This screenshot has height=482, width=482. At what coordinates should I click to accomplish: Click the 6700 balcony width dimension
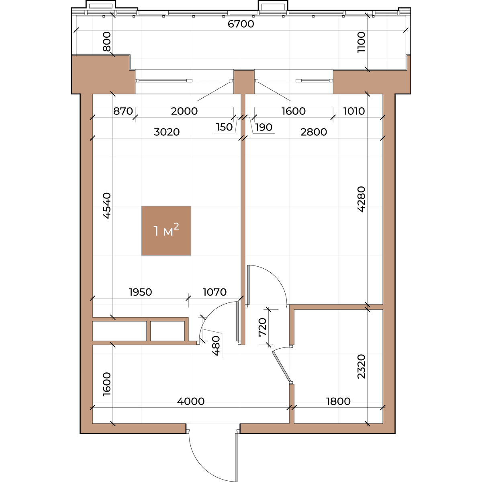click(241, 24)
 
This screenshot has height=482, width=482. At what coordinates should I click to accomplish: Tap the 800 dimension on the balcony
click(107, 41)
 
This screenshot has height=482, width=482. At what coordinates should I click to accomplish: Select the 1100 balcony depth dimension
click(361, 42)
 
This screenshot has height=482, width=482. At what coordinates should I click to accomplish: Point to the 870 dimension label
click(123, 111)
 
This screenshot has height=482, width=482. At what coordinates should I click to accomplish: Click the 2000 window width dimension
click(184, 111)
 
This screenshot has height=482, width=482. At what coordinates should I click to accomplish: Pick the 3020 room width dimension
click(167, 132)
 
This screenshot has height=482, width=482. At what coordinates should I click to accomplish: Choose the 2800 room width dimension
click(314, 132)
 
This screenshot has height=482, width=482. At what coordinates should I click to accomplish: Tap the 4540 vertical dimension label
click(107, 206)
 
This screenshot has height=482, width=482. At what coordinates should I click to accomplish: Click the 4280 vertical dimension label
click(361, 199)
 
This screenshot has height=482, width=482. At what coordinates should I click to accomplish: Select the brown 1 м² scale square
click(166, 231)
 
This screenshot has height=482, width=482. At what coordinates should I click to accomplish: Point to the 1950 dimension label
click(140, 292)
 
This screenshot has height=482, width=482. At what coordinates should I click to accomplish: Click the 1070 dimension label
click(214, 292)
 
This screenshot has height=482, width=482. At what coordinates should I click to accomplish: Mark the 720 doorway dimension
click(263, 327)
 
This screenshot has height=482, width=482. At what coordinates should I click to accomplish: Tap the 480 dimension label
click(216, 346)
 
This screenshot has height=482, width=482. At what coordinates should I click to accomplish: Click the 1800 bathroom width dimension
click(338, 401)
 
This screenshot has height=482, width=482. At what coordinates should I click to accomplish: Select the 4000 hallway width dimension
click(191, 401)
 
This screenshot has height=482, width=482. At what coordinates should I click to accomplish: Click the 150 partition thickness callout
click(224, 127)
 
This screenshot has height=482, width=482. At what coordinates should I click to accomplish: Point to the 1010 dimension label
click(354, 111)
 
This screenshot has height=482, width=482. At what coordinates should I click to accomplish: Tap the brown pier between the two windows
click(244, 82)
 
